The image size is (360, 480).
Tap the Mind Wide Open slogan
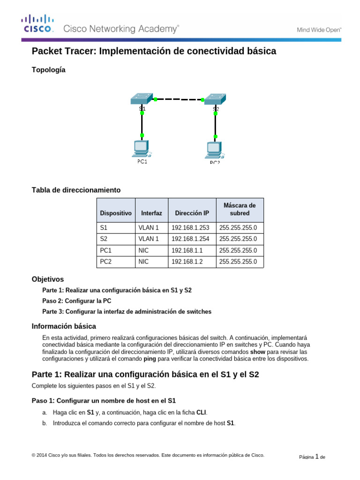click(x=319, y=30)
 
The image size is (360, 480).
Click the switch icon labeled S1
click(x=142, y=98)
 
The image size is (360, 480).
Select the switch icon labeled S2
click(x=215, y=99)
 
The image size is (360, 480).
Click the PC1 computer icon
click(x=141, y=149)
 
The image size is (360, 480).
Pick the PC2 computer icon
click(x=215, y=150)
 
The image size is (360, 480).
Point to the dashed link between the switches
click(x=178, y=99)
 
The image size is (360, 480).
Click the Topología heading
click(x=48, y=70)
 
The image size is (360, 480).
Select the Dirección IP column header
click(x=192, y=213)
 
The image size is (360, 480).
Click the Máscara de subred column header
click(x=240, y=209)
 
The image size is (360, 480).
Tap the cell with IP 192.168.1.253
click(x=192, y=228)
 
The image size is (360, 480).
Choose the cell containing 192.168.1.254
click(x=192, y=239)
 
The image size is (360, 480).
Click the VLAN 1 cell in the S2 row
click(x=149, y=239)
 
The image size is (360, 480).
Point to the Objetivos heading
click(x=47, y=279)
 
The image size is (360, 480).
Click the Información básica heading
click(x=63, y=326)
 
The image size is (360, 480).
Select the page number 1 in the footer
click(x=317, y=456)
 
